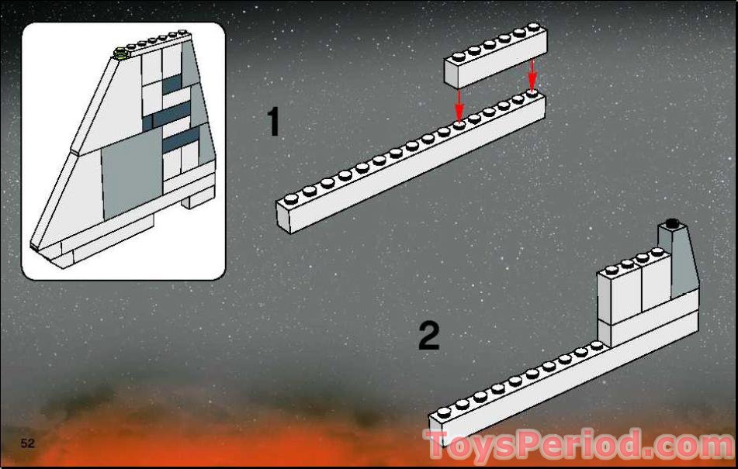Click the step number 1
pos(272,122)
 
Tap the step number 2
pos(428,336)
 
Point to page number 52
pos(29,443)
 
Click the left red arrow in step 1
pos(459,102)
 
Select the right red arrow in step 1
pos(532,74)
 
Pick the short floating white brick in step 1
pos(495,59)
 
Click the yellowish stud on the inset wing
pos(120,53)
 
